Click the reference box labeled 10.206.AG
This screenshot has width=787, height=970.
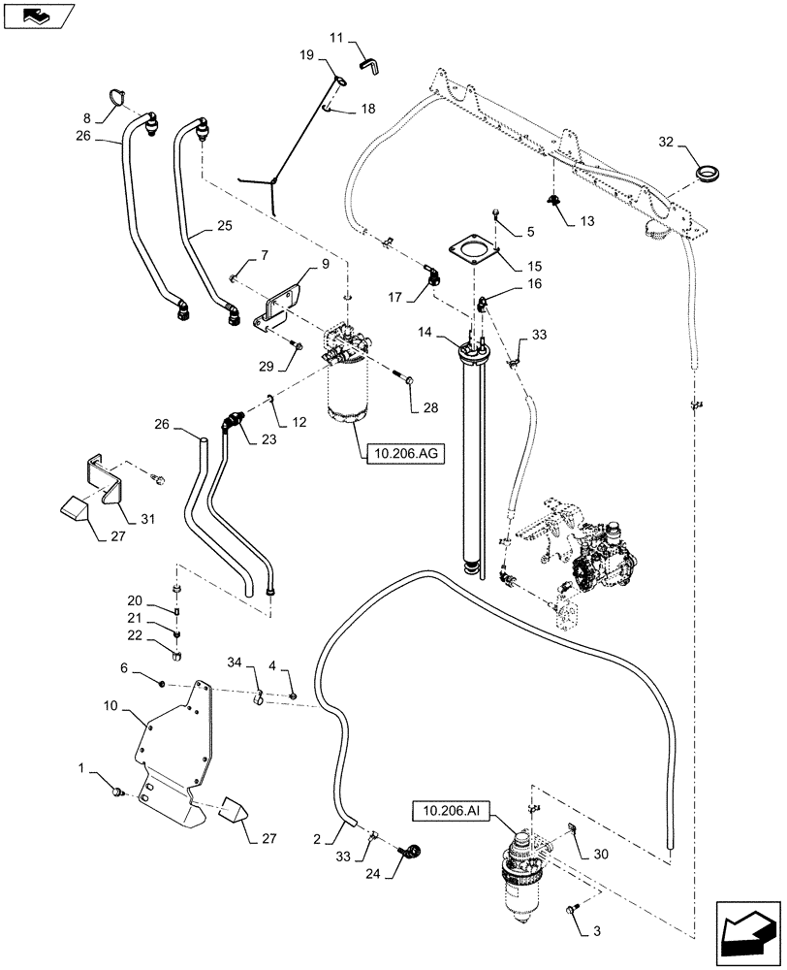[403, 452]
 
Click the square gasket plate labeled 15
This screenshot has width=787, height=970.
[472, 249]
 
